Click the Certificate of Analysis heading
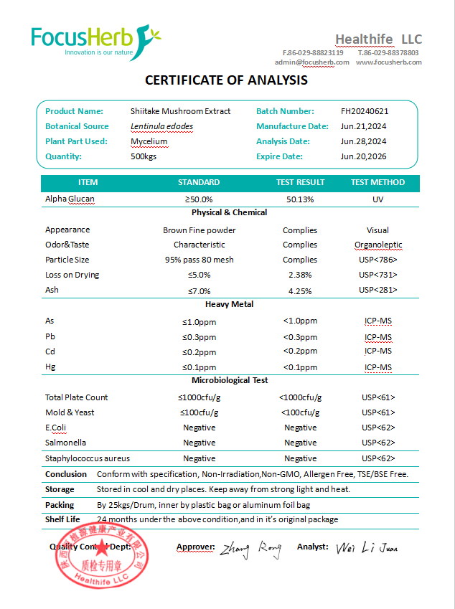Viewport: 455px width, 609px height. point(226,80)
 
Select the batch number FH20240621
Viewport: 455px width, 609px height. point(365,111)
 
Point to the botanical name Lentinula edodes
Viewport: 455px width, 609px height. point(161,126)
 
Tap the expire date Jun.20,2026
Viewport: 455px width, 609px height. point(363,156)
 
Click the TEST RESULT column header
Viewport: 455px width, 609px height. point(300,182)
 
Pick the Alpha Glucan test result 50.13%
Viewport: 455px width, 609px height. point(300,199)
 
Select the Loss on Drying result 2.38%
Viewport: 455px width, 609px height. point(300,275)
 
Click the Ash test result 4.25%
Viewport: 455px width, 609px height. point(300,291)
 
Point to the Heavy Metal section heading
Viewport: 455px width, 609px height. point(229,304)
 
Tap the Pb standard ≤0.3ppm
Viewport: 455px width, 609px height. point(199,337)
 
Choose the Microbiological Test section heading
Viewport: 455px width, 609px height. point(229,380)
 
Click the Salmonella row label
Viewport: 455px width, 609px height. point(66,443)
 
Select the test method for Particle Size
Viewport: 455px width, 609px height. point(377,260)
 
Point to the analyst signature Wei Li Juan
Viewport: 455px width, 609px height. point(367,548)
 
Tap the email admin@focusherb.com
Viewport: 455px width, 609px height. point(311,62)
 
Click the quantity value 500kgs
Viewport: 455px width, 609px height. point(144,156)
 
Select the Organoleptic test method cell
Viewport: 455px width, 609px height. point(377,245)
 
